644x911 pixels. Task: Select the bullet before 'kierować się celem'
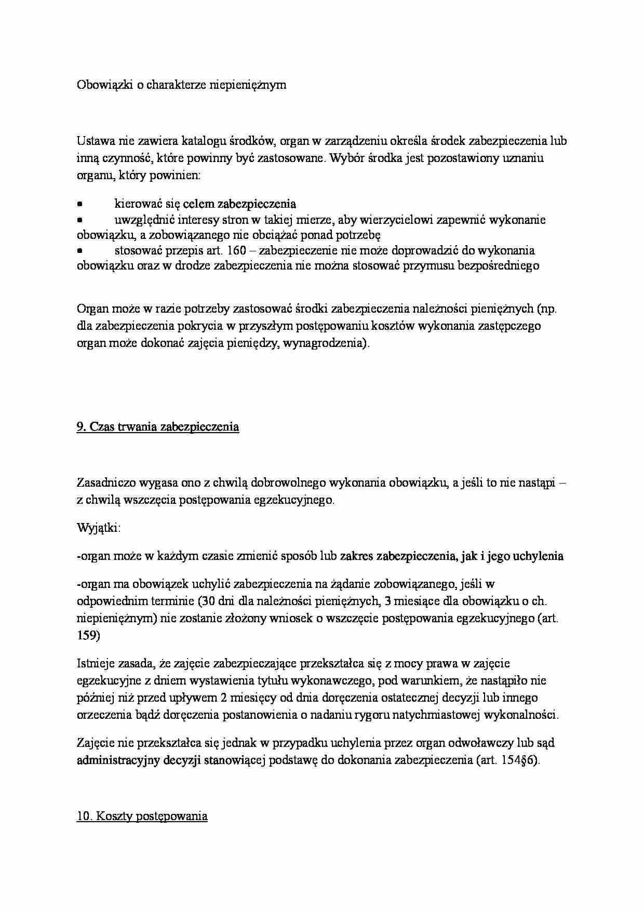click(x=80, y=204)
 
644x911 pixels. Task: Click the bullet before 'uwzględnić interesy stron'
click(x=80, y=220)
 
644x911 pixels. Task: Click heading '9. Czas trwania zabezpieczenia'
click(x=158, y=427)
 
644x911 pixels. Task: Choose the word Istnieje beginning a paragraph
click(x=93, y=663)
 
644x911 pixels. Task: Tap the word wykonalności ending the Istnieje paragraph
click(x=520, y=715)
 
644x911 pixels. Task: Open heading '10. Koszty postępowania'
click(x=142, y=816)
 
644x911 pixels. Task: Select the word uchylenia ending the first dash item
click(x=538, y=556)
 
